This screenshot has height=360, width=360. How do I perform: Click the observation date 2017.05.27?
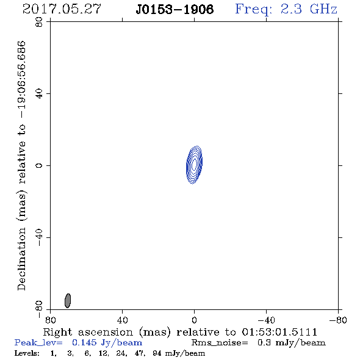point(62,9)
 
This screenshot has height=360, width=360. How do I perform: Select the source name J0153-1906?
point(175,9)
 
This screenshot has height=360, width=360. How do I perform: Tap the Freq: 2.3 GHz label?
point(286,10)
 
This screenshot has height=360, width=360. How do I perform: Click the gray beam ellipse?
point(68,301)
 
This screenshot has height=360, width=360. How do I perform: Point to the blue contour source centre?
point(194,165)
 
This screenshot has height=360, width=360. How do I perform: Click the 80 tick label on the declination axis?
point(39,22)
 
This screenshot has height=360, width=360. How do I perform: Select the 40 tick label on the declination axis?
point(39,94)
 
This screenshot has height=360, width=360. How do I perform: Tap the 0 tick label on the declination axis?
point(39,165)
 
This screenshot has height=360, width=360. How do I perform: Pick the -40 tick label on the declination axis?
point(39,237)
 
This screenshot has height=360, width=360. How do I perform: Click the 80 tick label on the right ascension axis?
point(50,320)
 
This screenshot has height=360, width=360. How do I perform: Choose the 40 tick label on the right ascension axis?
point(122,320)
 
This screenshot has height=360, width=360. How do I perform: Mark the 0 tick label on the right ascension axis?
point(194,320)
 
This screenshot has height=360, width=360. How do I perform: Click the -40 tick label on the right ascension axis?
point(266,320)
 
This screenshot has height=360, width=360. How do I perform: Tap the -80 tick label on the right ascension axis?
point(338,320)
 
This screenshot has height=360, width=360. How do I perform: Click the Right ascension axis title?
point(180,332)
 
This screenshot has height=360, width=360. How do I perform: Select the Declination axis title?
point(21,165)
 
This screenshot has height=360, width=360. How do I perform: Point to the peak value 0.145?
point(84,342)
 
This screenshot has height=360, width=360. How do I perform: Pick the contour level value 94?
point(157,353)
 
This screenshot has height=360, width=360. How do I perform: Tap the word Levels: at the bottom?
point(27,353)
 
